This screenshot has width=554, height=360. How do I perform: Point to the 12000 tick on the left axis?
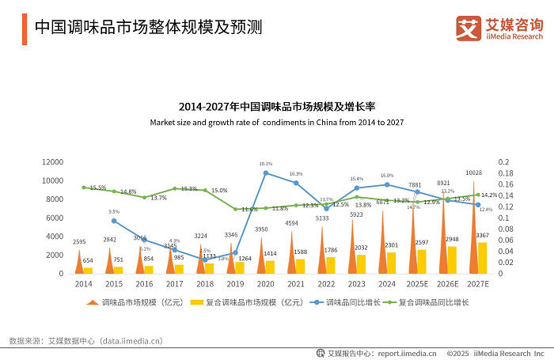[x=52, y=161]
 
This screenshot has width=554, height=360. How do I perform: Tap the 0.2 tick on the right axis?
[x=503, y=161]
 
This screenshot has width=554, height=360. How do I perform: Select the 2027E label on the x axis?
[x=477, y=282]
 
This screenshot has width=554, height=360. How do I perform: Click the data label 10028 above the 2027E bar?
[x=473, y=172]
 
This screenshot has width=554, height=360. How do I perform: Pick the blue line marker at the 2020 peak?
[x=266, y=172]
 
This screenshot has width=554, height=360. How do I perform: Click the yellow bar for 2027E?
[x=483, y=258]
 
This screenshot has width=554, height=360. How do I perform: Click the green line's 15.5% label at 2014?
[x=97, y=188]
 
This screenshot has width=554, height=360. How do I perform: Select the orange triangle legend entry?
[x=93, y=302]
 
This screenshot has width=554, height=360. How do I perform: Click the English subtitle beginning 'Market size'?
[x=277, y=123]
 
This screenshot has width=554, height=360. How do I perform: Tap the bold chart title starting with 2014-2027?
[x=277, y=106]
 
